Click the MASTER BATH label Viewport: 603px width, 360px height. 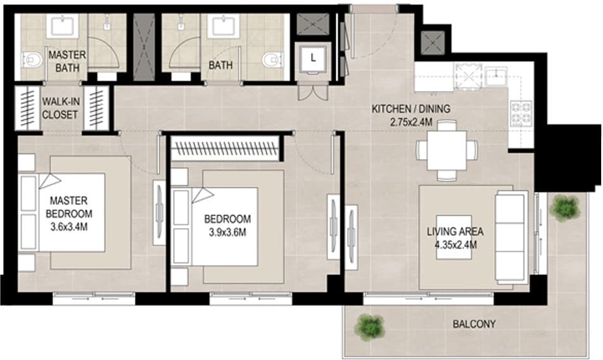coord(67,61)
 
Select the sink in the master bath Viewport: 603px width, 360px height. coord(63,26)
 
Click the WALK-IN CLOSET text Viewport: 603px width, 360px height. coord(60,108)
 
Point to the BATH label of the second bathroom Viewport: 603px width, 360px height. coord(220,65)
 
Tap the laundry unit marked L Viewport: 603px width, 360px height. coord(313,59)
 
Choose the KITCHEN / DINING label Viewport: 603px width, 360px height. coord(410,109)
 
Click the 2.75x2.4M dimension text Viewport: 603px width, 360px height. coord(411,122)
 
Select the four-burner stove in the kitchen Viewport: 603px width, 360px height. coord(521,114)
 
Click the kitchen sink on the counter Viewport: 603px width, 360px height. coord(496,76)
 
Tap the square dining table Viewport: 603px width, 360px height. coord(447,150)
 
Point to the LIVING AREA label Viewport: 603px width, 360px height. coord(455,231)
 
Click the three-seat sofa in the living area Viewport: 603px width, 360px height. coord(511,237)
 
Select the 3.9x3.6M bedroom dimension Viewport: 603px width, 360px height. coord(227,233)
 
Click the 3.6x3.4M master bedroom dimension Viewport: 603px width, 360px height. coord(69,227)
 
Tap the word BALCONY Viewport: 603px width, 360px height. coord(474,324)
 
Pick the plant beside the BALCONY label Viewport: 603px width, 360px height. coord(369,326)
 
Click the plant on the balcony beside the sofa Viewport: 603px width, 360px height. coord(564,208)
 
